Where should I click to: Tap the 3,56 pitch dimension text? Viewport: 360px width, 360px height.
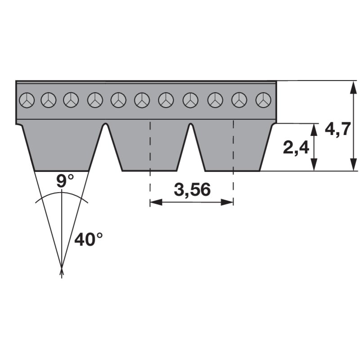192,189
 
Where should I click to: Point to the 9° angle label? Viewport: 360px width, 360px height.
65,181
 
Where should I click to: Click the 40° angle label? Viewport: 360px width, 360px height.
88,239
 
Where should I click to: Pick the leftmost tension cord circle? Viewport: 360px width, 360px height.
27,100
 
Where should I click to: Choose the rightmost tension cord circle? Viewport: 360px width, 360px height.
263,100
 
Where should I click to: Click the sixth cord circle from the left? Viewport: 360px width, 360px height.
142,100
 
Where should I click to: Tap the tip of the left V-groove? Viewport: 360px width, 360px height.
105,123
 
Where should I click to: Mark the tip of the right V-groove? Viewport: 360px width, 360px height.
191,123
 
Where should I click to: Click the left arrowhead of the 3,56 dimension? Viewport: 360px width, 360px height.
156,202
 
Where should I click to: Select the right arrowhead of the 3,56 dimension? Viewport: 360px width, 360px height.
227,202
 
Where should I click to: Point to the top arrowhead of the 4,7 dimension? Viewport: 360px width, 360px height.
354,87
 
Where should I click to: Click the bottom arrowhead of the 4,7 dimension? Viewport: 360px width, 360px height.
354,165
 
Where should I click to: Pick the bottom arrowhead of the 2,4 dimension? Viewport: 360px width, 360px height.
314,165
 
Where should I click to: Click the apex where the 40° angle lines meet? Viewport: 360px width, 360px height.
62,268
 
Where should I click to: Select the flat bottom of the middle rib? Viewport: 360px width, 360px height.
149,171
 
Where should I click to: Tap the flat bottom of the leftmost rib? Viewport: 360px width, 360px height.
62,171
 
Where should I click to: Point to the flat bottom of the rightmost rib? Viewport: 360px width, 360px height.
233,171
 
